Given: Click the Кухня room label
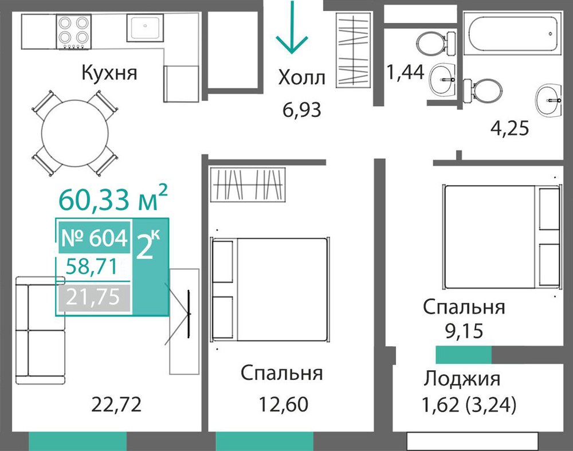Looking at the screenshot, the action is tap(109, 73).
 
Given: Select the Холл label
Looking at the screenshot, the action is tap(301, 77).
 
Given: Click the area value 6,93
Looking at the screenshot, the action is tap(302, 109).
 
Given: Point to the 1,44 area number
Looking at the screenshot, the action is tap(405, 72).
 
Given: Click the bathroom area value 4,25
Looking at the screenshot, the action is tap(509, 128).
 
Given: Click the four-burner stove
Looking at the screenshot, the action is tap(73, 32).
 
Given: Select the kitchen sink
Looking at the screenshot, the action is tap(146, 28).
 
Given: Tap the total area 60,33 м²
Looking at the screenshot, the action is tap(113, 199).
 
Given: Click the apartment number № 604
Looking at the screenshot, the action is tap(95, 238).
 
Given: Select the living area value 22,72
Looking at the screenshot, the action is tap(116, 405).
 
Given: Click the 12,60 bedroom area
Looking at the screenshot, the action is tap(284, 404).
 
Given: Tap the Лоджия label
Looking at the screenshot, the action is tap(462, 379).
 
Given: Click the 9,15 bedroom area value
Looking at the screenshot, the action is tap(464, 331).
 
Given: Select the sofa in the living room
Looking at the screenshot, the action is tap(41, 331).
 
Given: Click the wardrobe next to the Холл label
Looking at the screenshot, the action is tap(354, 50).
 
